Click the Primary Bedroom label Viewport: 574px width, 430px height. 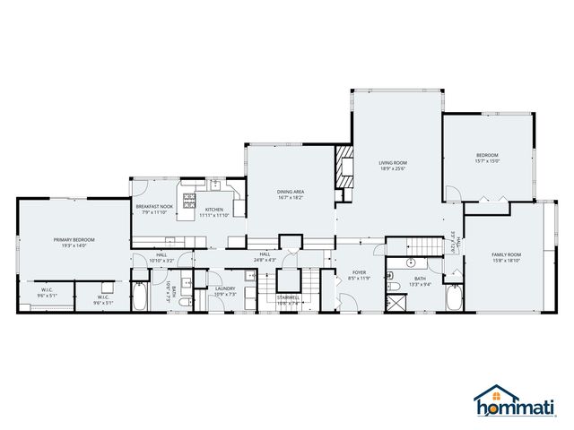point(74,240)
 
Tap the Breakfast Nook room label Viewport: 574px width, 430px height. point(153,207)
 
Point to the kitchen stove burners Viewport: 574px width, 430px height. point(190,198)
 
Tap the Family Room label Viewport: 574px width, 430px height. point(506,254)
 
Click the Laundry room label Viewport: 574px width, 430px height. point(224,289)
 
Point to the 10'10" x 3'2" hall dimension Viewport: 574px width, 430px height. point(161,261)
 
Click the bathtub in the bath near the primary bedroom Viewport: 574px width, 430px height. point(139,296)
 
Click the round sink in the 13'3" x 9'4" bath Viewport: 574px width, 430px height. point(411,264)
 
